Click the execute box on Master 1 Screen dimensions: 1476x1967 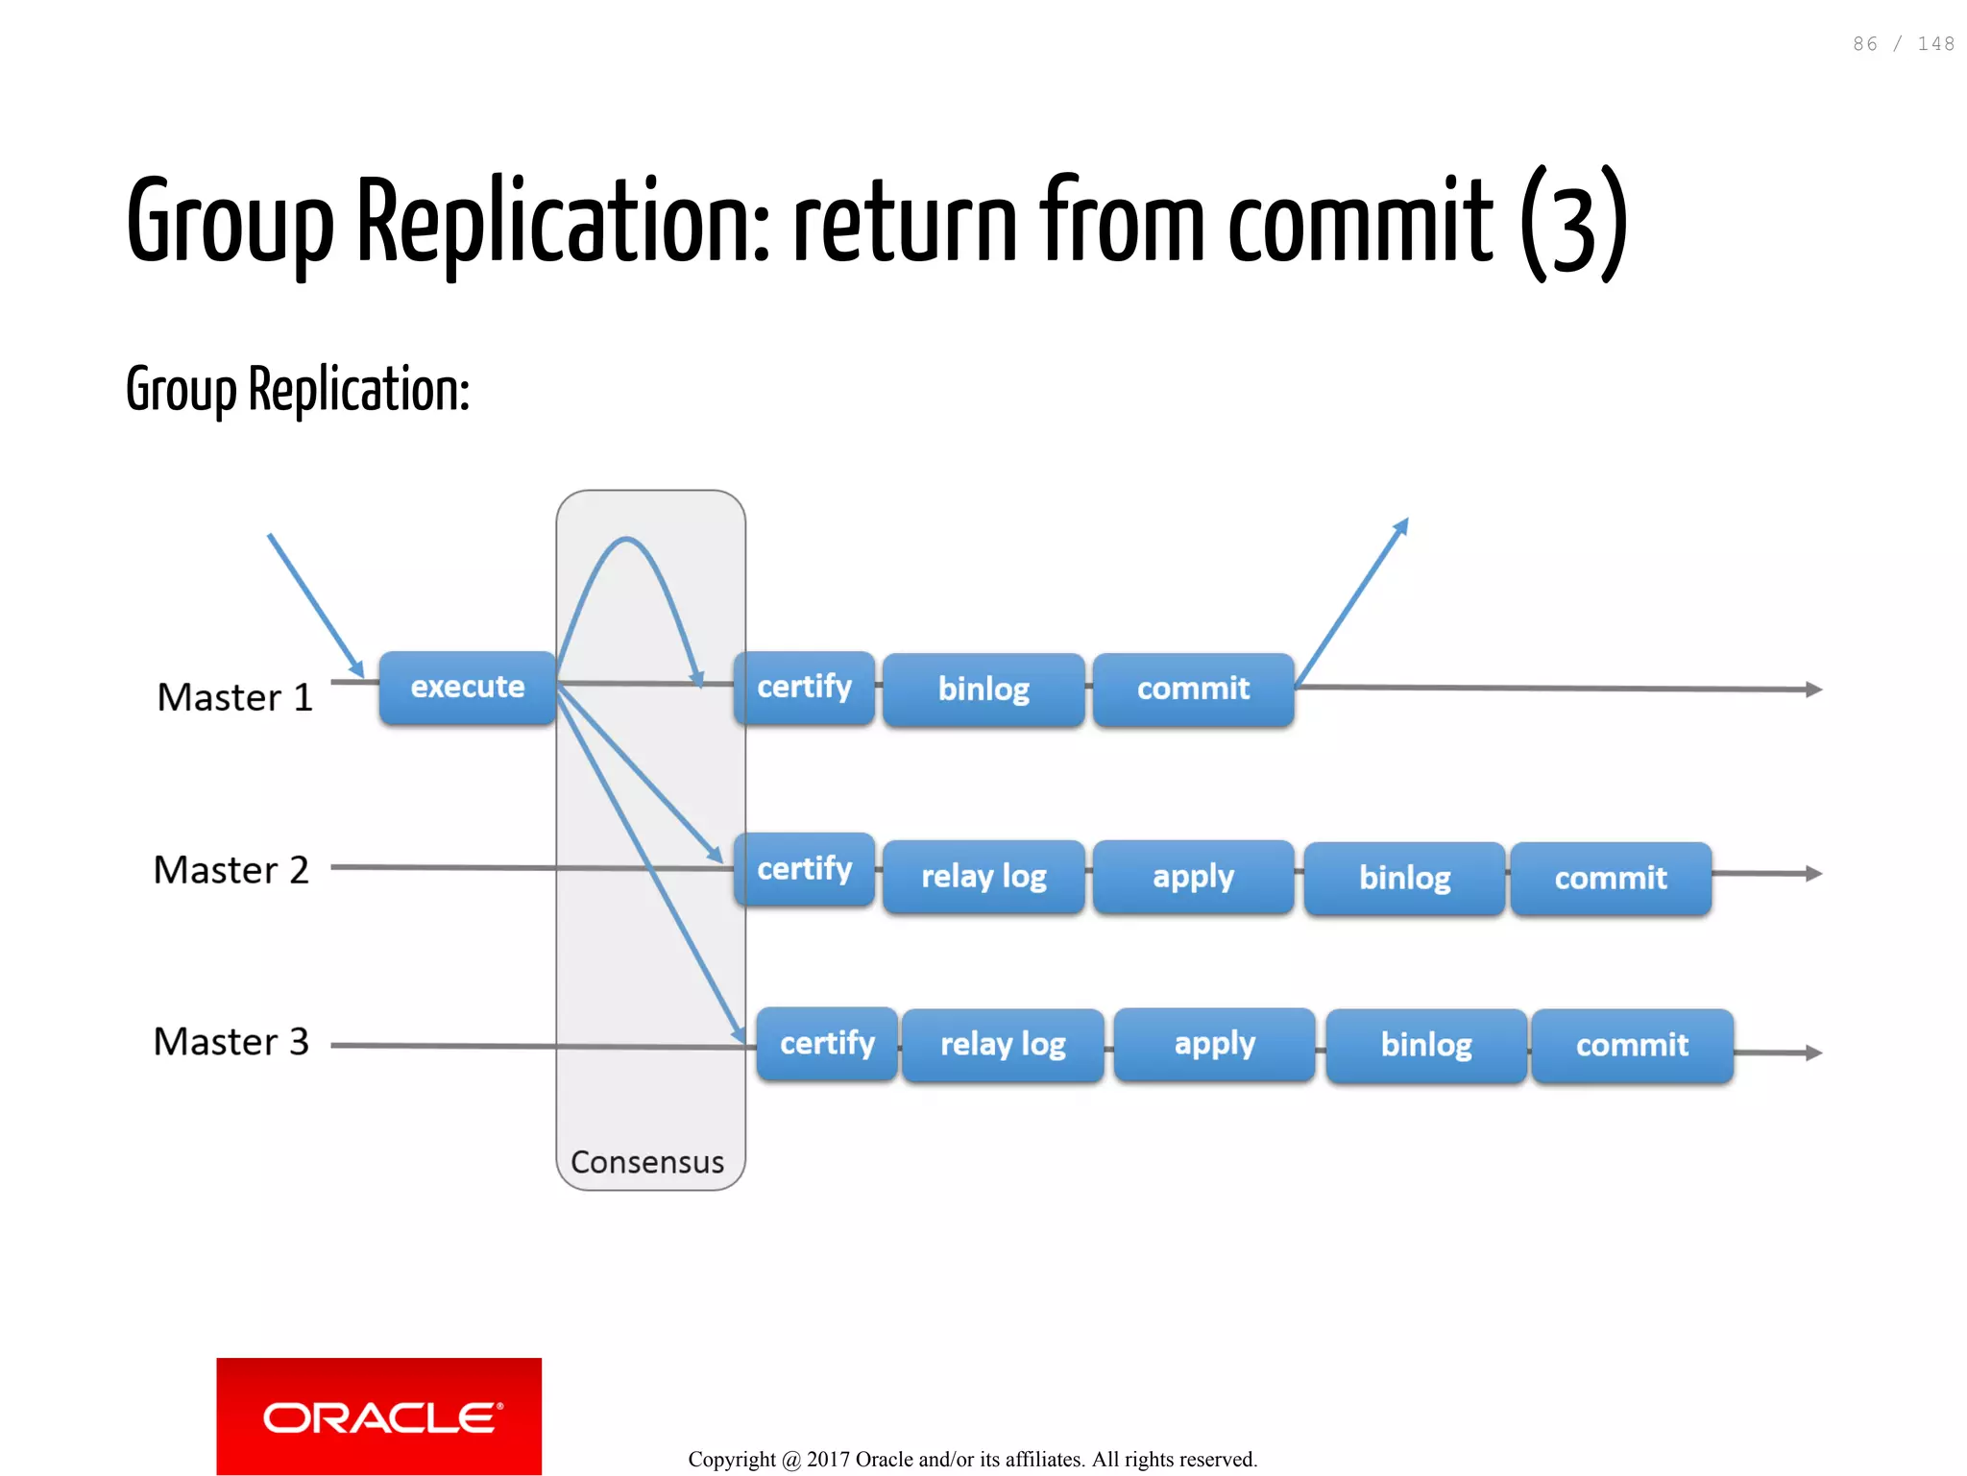[x=467, y=688]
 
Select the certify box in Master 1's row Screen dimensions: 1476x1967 [x=804, y=688]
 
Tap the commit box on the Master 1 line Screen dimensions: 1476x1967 [x=1193, y=689]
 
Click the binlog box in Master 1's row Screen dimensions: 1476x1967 [x=983, y=690]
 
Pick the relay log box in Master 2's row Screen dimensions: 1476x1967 [x=983, y=877]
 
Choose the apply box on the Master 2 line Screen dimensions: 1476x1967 [x=1193, y=877]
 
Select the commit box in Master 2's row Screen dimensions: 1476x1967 [x=1611, y=879]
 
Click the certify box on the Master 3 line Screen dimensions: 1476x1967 [x=827, y=1044]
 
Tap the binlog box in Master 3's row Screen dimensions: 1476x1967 [x=1426, y=1046]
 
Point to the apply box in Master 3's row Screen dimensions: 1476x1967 [x=1214, y=1044]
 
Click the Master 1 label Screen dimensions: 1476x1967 [x=235, y=697]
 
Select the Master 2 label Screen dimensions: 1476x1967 [x=231, y=870]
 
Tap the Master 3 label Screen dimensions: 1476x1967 [x=231, y=1042]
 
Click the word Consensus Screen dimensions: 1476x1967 [x=647, y=1162]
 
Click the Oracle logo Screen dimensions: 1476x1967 [x=378, y=1416]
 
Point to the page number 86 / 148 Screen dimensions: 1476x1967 [x=1903, y=44]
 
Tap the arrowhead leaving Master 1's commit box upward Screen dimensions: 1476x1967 [x=1401, y=526]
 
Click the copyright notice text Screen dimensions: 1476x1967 [x=972, y=1460]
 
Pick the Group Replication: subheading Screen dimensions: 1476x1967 [x=298, y=390]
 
